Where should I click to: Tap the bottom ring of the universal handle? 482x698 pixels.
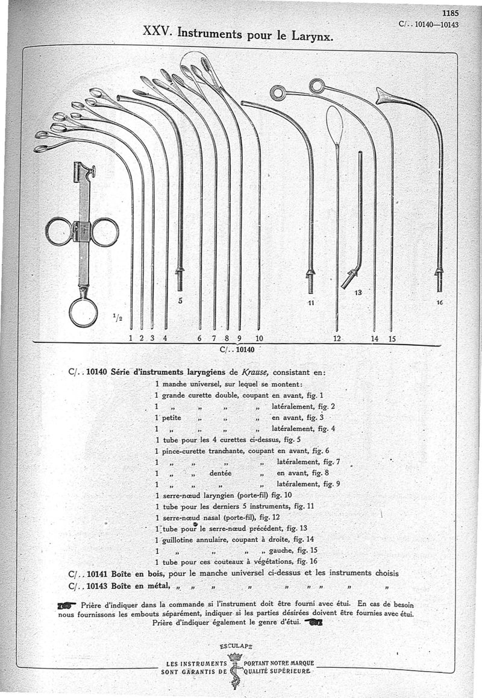83,312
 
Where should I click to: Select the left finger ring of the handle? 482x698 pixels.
59,231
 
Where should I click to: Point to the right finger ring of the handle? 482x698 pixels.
105,232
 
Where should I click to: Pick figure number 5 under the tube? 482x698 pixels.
180,298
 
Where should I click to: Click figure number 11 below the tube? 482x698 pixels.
311,302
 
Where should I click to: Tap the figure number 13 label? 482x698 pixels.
357,293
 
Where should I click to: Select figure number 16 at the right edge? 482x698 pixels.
440,303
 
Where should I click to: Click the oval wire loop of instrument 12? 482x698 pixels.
334,125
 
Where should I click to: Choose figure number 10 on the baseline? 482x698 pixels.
259,338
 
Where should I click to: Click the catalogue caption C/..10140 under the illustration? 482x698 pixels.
237,348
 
